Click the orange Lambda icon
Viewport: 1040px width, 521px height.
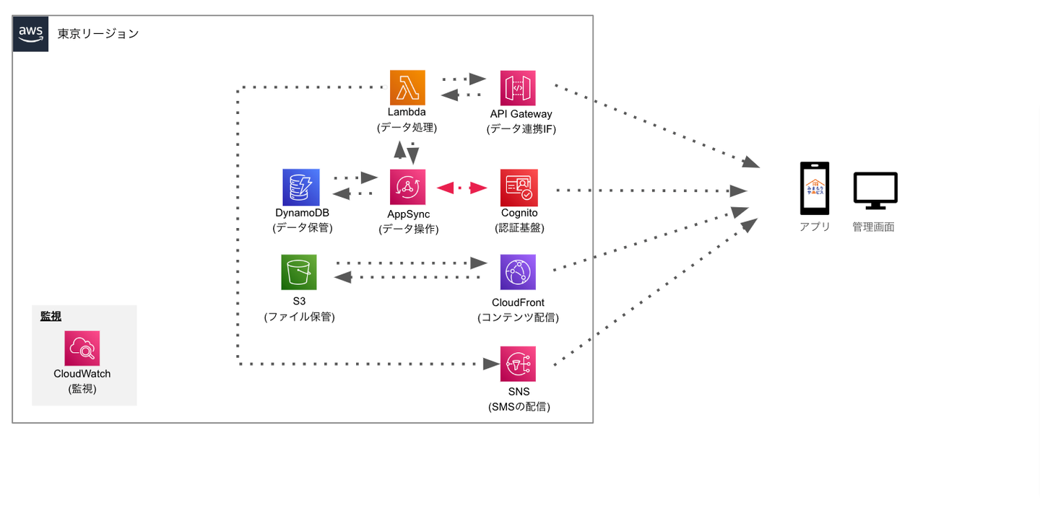click(x=407, y=88)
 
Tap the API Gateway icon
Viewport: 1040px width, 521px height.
click(x=518, y=88)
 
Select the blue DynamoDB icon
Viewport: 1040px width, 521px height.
click(x=300, y=188)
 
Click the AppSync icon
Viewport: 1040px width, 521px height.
click(x=407, y=188)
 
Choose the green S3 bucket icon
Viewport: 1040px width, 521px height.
click(x=299, y=272)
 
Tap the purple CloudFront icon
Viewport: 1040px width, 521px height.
click(x=518, y=272)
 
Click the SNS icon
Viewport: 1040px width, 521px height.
click(x=518, y=364)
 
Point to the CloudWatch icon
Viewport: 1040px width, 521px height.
click(x=82, y=349)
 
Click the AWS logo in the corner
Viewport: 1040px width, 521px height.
click(x=31, y=34)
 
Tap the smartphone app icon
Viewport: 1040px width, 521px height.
click(x=814, y=188)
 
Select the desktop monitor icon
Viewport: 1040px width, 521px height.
click(x=875, y=191)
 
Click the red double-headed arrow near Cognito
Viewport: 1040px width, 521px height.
click(x=462, y=188)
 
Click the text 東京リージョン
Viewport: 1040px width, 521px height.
click(x=98, y=34)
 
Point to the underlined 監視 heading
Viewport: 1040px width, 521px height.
click(x=51, y=316)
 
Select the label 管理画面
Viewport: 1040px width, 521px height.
click(x=873, y=227)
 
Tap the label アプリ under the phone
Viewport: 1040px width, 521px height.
click(x=815, y=227)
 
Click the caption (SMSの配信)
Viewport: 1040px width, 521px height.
click(x=519, y=406)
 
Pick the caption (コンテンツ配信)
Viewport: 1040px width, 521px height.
click(x=518, y=318)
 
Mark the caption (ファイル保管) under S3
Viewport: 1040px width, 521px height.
click(x=299, y=316)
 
